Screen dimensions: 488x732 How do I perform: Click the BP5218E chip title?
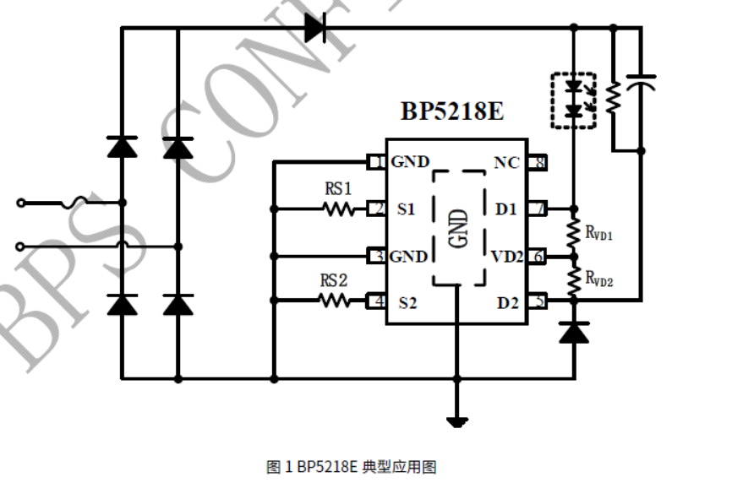pyautogui.click(x=452, y=111)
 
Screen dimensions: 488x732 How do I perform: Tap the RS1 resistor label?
pyautogui.click(x=338, y=188)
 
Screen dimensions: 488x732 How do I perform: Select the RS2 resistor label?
pyautogui.click(x=334, y=280)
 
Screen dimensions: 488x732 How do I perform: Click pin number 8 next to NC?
pyautogui.click(x=538, y=162)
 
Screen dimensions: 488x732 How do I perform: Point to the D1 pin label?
pyautogui.click(x=506, y=209)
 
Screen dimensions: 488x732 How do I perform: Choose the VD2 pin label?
pyautogui.click(x=508, y=256)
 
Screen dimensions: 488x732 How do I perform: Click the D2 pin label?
pyautogui.click(x=507, y=301)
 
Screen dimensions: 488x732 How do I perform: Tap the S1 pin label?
pyautogui.click(x=407, y=209)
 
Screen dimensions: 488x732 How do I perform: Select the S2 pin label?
pyautogui.click(x=407, y=302)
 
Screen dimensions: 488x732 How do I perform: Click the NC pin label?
pyautogui.click(x=507, y=162)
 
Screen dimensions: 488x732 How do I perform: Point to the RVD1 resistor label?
pyautogui.click(x=599, y=230)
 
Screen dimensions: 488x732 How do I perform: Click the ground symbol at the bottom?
pyautogui.click(x=457, y=420)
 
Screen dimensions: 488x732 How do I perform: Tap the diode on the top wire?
pyautogui.click(x=315, y=28)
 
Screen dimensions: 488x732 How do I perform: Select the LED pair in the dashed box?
pyautogui.click(x=574, y=100)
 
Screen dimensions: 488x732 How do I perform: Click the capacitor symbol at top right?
pyautogui.click(x=641, y=83)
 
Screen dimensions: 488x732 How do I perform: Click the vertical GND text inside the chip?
pyautogui.click(x=459, y=229)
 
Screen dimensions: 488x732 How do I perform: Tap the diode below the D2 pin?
pyautogui.click(x=574, y=333)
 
